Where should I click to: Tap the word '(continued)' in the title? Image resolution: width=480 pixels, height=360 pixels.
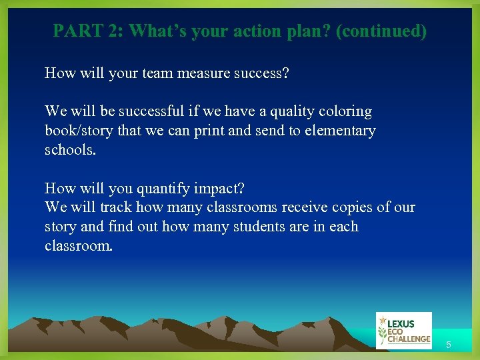coord(381,31)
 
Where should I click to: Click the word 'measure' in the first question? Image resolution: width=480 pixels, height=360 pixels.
coord(203,73)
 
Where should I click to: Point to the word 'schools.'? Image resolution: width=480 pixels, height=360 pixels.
coord(70,150)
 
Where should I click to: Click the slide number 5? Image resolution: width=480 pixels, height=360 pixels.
coord(449,345)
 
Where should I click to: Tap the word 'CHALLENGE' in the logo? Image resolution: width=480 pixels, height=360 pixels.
coord(409,339)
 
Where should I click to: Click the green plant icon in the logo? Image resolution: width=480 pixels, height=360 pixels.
coord(383,330)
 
